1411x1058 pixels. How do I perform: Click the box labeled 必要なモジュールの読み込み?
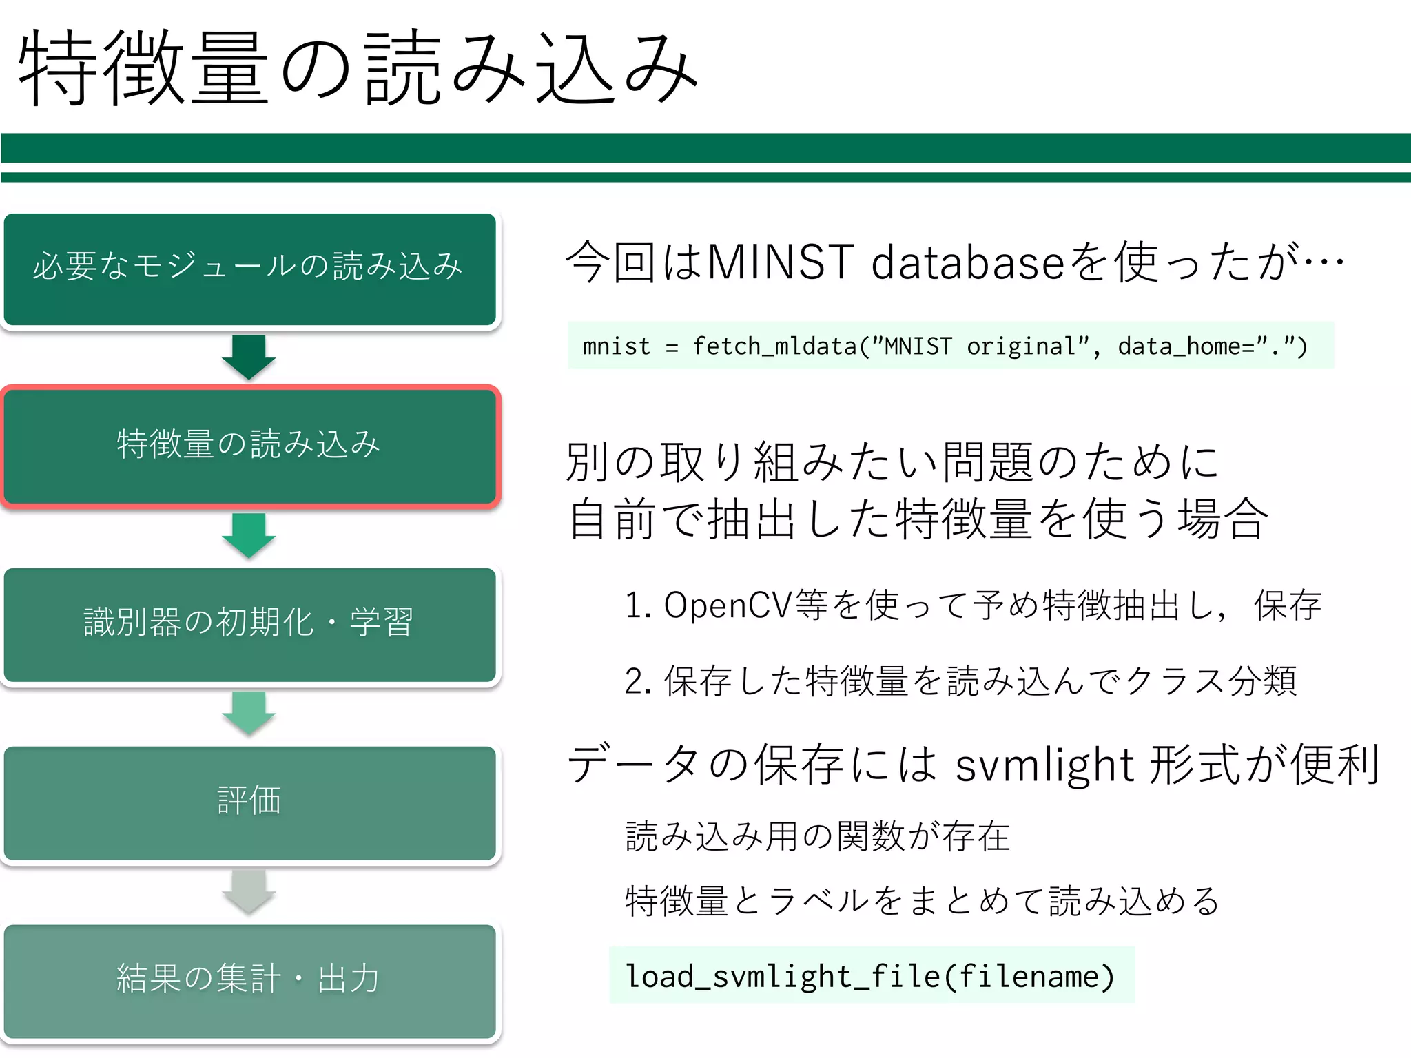[249, 269]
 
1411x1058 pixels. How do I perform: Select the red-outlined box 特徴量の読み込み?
[249, 446]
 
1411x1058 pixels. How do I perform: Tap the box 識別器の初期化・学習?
[249, 624]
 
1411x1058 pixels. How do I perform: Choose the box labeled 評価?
[249, 802]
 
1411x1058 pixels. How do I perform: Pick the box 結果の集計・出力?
[249, 980]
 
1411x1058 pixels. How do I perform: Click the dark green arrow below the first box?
[249, 357]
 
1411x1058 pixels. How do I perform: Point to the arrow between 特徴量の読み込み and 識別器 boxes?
[249, 535]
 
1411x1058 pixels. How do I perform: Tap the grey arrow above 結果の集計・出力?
[249, 891]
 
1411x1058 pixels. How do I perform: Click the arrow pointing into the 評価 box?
[249, 713]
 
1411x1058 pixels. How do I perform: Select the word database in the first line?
[968, 262]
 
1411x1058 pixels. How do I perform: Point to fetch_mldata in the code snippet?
[774, 346]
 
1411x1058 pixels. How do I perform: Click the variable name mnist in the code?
[616, 346]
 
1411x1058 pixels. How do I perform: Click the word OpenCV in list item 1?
[728, 605]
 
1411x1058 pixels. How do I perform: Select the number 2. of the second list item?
[638, 681]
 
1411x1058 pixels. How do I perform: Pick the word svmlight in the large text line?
[1044, 765]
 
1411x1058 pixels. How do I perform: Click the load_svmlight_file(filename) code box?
[871, 975]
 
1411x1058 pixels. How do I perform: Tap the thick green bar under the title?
[705, 148]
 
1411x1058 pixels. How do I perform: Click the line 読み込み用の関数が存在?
[817, 837]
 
